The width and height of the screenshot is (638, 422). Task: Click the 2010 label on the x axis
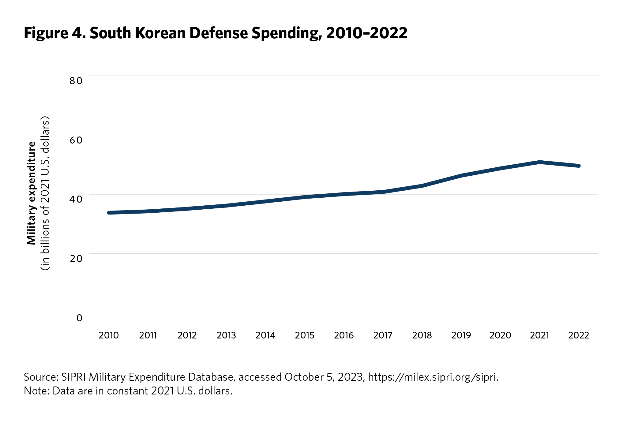(109, 335)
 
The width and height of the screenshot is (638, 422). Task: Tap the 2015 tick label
(305, 335)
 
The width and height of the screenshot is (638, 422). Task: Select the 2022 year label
(579, 335)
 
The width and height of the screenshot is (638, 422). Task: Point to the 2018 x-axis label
(422, 335)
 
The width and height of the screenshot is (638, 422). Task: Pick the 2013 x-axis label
(226, 335)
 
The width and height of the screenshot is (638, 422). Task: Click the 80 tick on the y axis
(76, 81)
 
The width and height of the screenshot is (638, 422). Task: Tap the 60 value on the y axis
(76, 140)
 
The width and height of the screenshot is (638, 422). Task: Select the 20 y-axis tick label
(76, 259)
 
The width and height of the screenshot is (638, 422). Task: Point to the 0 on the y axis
(79, 318)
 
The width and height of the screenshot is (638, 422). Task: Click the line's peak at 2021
(539, 162)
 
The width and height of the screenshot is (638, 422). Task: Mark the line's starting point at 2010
(109, 213)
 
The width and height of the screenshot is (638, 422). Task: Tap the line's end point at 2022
(578, 166)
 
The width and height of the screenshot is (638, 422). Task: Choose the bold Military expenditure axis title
(31, 193)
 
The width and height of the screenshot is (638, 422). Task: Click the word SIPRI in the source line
(73, 377)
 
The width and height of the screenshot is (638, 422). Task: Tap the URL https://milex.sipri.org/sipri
(433, 377)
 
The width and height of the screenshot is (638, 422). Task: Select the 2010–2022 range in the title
(366, 33)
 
